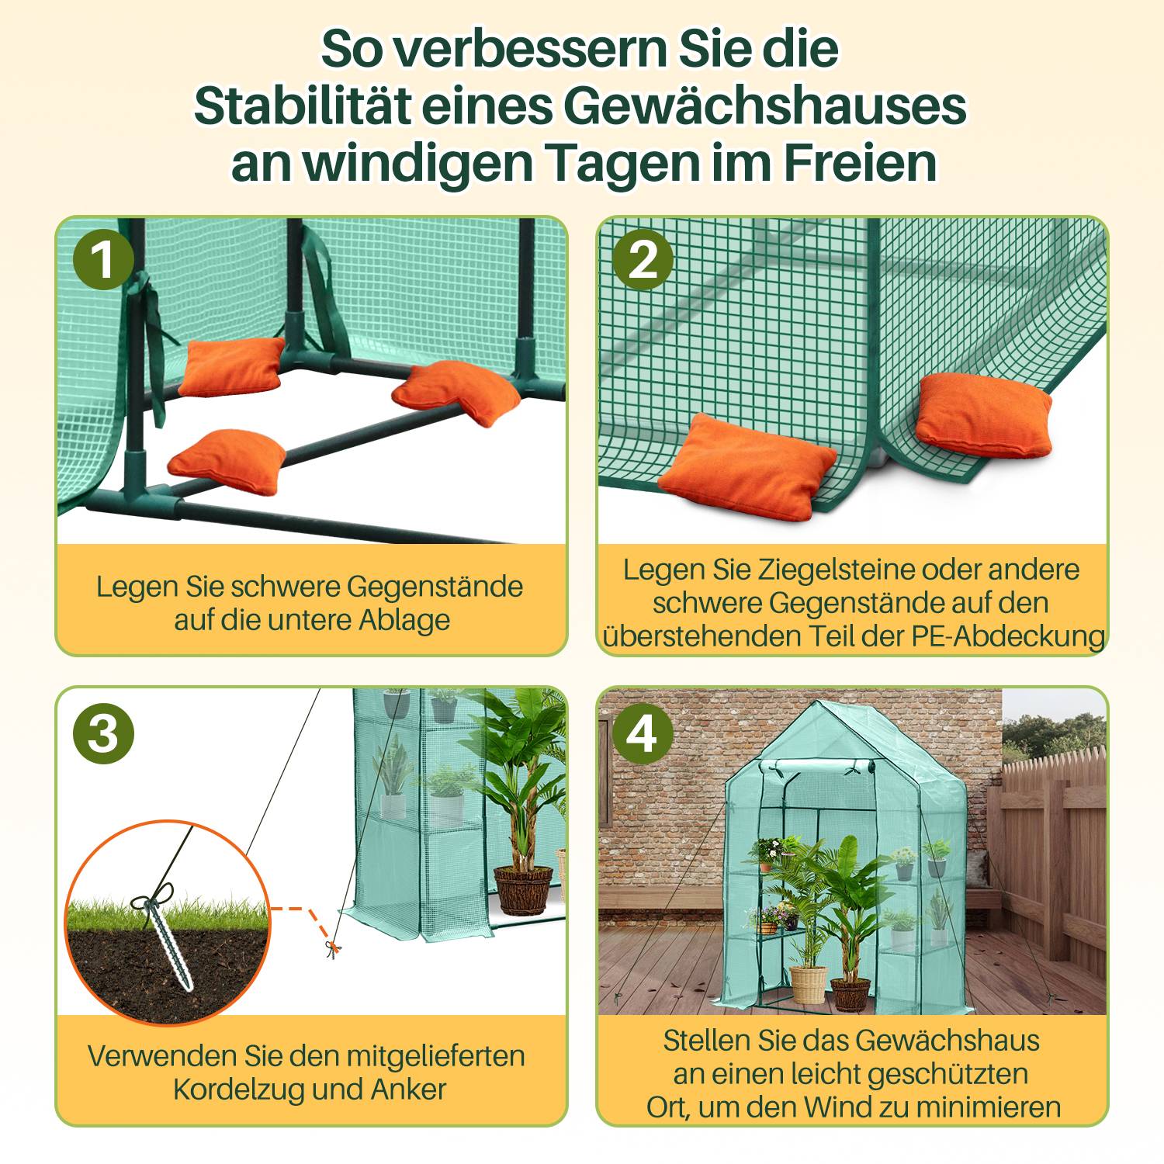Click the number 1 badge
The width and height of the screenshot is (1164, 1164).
click(103, 258)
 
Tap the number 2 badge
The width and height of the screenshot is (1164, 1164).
click(643, 258)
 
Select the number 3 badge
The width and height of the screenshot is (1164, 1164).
click(103, 733)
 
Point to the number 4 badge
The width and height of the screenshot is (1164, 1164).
click(643, 733)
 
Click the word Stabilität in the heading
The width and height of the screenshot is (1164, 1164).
click(302, 106)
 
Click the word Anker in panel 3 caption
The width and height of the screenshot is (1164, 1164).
click(408, 1090)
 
